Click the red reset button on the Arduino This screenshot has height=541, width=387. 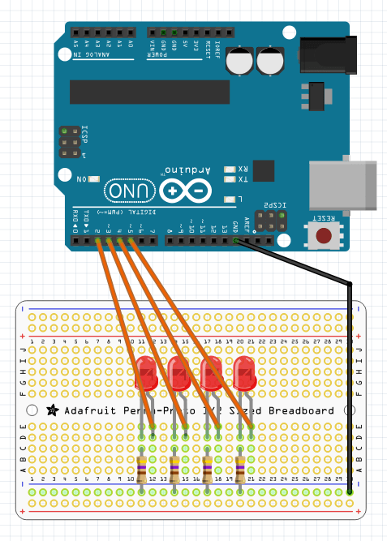tap(324, 237)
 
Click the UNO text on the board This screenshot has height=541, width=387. tap(127, 191)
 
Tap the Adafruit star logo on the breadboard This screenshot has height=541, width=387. tap(53, 410)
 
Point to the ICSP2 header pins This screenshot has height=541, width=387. tap(265, 220)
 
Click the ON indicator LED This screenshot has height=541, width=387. tap(95, 178)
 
